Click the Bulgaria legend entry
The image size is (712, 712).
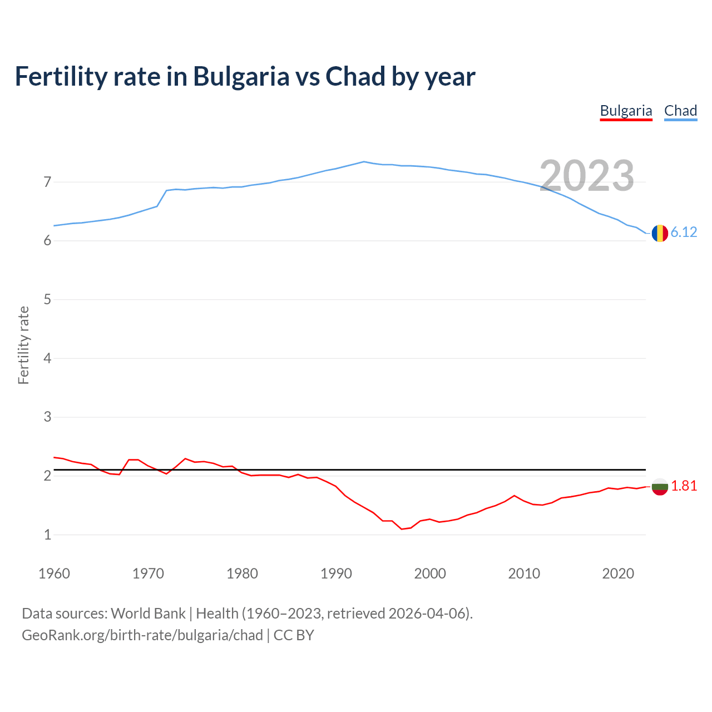click(626, 111)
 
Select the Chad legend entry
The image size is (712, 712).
click(680, 111)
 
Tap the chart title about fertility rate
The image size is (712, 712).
click(245, 76)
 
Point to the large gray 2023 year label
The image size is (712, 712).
click(587, 176)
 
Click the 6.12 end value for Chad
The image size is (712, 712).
click(684, 233)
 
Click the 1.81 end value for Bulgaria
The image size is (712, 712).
click(684, 486)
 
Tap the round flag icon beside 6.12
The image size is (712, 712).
click(660, 233)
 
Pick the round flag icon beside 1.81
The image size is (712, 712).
click(660, 487)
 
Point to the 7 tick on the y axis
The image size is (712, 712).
click(47, 182)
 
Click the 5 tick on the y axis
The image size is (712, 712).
click(47, 300)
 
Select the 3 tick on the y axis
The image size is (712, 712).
click(47, 417)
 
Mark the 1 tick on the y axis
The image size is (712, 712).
click(47, 535)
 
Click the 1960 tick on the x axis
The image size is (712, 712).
click(54, 573)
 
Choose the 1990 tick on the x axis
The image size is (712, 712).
click(336, 573)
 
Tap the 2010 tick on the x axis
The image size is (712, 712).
click(524, 573)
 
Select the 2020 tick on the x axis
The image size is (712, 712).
click(618, 573)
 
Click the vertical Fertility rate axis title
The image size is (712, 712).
click(23, 345)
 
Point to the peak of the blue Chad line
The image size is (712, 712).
click(364, 162)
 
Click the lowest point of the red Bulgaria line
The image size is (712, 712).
click(402, 529)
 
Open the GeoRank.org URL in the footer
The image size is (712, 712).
click(142, 635)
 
